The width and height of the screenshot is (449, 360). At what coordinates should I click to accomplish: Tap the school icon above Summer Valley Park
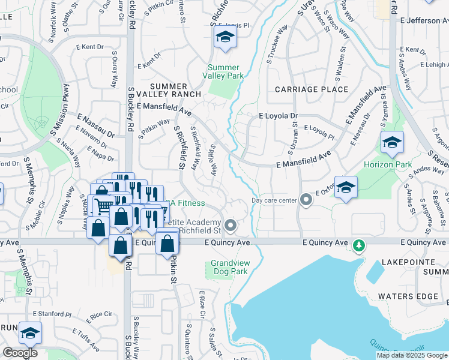[x=226, y=38]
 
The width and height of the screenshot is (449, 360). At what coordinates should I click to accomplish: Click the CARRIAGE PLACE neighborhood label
[x=312, y=89]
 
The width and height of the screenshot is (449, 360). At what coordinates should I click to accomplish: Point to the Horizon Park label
[x=388, y=164]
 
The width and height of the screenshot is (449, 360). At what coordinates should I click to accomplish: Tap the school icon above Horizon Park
[x=392, y=142]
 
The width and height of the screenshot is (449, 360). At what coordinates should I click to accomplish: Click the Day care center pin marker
[x=306, y=200]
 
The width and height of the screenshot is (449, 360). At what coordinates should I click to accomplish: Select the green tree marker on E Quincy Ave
[x=359, y=245]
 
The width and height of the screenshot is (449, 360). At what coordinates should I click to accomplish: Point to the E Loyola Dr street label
[x=278, y=116]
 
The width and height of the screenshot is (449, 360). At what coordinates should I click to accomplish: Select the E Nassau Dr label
[x=95, y=123]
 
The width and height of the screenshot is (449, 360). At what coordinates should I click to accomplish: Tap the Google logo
[x=20, y=353]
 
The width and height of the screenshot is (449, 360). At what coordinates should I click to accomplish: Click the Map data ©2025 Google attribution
[x=412, y=355]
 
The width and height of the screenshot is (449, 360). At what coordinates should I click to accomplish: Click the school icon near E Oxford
[x=346, y=188]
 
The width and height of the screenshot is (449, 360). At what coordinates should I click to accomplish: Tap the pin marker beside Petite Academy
[x=230, y=226]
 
